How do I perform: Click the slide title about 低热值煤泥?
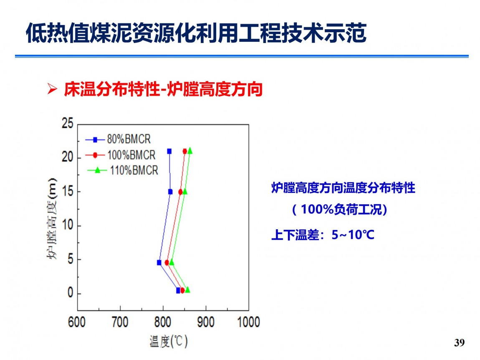click(196, 33)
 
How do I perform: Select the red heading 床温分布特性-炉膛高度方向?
click(163, 89)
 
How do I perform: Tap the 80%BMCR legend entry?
click(118, 139)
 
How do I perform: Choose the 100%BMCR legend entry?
click(120, 155)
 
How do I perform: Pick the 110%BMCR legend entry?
click(123, 170)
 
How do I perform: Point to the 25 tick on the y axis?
click(68, 124)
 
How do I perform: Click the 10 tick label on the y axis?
click(68, 225)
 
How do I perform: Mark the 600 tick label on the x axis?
click(76, 322)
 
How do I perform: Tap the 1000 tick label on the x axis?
click(249, 322)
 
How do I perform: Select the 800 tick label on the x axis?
click(162, 322)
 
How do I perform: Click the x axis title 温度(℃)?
click(169, 341)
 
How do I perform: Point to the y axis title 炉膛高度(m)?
click(52, 218)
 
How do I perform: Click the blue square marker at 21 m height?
click(169, 151)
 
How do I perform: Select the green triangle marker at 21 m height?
click(190, 150)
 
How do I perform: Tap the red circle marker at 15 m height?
click(181, 192)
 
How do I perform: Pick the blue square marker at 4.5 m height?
click(159, 263)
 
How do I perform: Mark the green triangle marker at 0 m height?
click(187, 289)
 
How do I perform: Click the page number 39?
click(459, 342)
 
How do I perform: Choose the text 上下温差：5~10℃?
click(323, 235)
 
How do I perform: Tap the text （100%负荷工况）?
click(340, 210)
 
